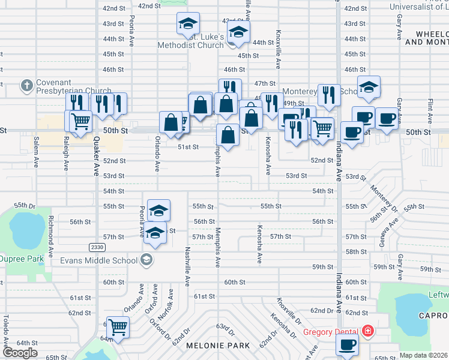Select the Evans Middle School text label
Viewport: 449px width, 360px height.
click(98, 260)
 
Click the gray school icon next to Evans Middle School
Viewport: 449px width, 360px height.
click(146, 260)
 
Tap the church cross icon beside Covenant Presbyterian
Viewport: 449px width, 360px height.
click(26, 86)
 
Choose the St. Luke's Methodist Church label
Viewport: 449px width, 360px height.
click(190, 41)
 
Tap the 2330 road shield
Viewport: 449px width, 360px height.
click(96, 247)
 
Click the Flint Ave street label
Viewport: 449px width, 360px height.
click(430, 109)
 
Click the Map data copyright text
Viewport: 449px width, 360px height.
click(423, 355)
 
